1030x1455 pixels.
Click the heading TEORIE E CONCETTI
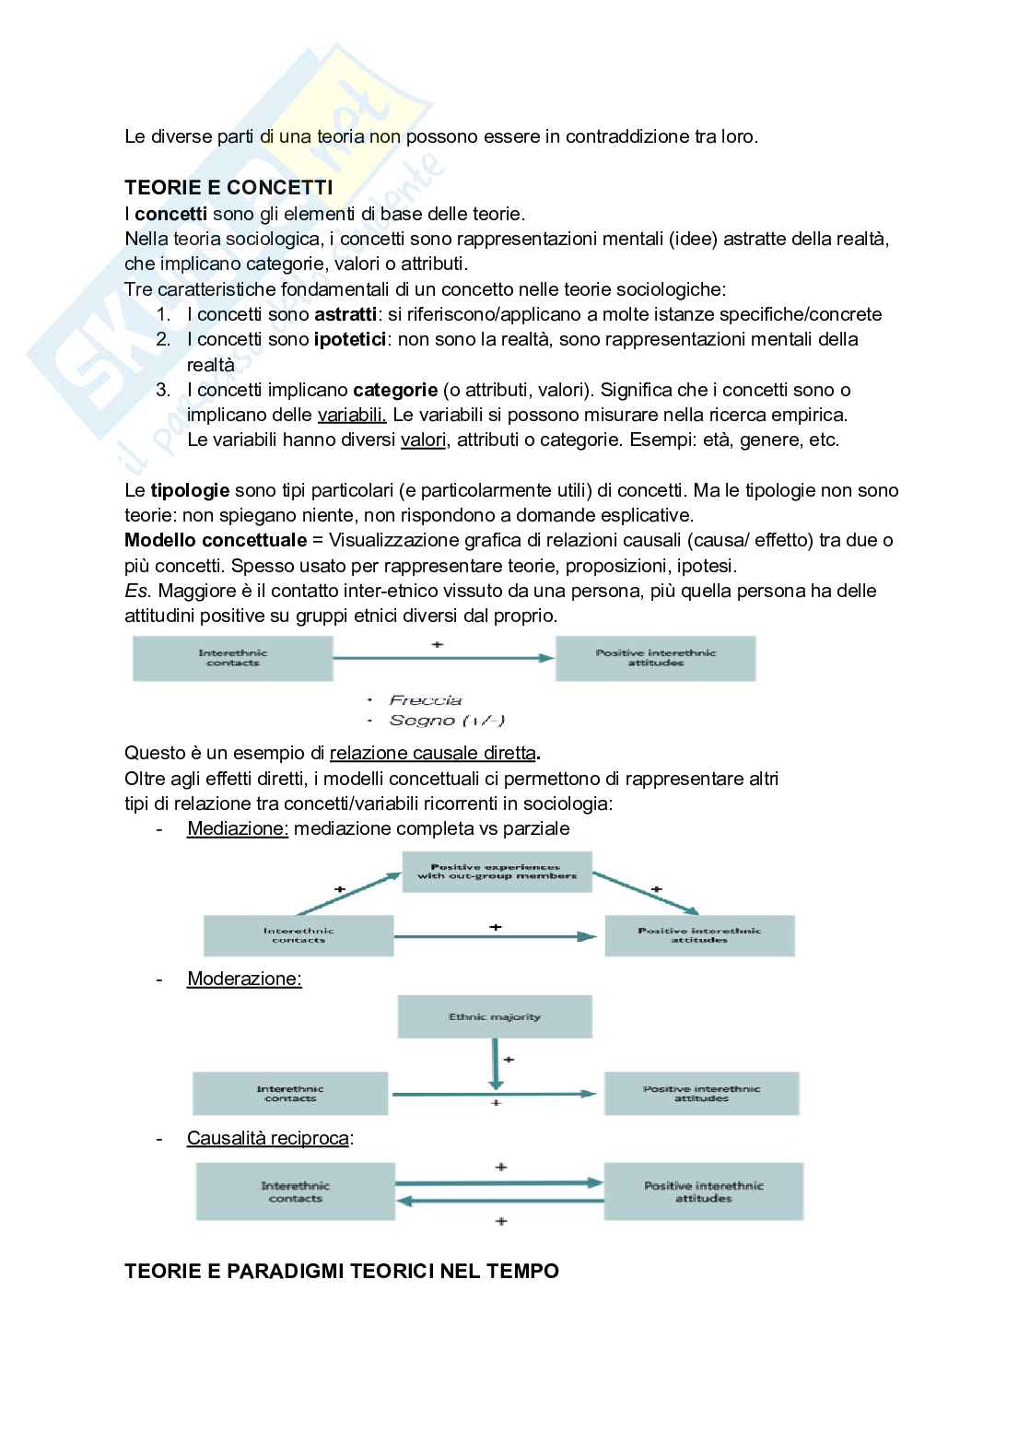[x=228, y=188]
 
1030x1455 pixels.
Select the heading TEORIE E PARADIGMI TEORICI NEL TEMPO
[x=342, y=1271]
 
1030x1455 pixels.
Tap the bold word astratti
[x=339, y=314]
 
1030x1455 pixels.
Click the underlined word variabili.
[x=352, y=415]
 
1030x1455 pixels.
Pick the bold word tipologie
[x=190, y=490]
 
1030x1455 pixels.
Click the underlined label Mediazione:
[x=238, y=828]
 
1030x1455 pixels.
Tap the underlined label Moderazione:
[x=244, y=979]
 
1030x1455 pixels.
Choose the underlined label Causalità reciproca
[x=267, y=1138]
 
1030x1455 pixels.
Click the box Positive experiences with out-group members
[x=497, y=871]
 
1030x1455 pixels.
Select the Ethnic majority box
[x=495, y=1017]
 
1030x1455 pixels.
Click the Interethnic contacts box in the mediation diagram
[x=298, y=935]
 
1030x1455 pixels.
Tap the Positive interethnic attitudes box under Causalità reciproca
[x=703, y=1191]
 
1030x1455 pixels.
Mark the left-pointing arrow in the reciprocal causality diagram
[x=499, y=1200]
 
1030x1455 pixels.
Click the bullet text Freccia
[x=426, y=700]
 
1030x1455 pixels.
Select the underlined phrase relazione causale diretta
[x=432, y=754]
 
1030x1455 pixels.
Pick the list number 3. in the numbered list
[x=164, y=390]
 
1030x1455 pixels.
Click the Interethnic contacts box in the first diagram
[x=232, y=658]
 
